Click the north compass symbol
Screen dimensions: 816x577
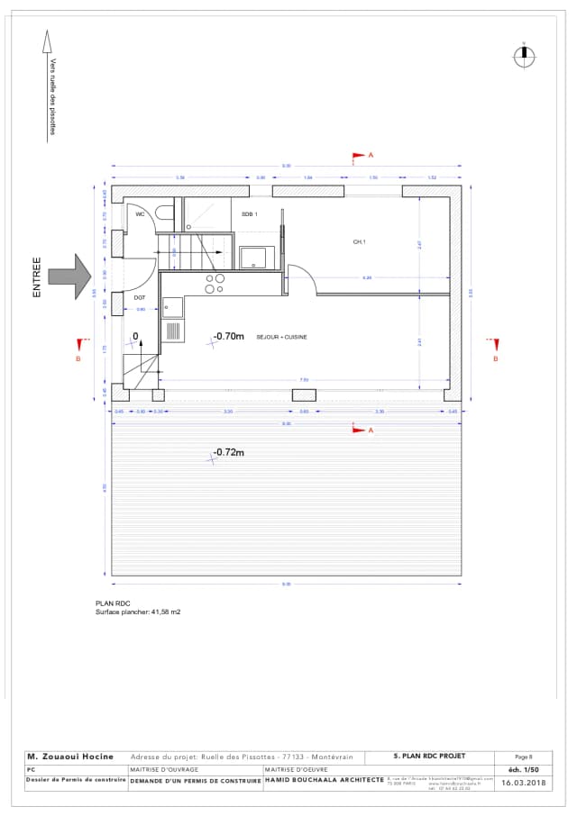pos(523,56)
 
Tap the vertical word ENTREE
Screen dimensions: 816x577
pos(37,277)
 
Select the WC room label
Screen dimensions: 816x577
pos(140,214)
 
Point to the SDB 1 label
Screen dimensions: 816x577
pos(250,214)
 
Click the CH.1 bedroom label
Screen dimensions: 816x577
pos(359,242)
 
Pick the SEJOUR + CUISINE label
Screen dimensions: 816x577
pos(281,337)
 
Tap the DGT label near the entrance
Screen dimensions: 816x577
pos(140,297)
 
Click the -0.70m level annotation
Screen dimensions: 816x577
pos(228,336)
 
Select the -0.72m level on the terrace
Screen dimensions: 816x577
pos(228,453)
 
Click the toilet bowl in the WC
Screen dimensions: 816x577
pos(164,212)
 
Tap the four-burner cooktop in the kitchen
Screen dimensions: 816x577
pos(215,284)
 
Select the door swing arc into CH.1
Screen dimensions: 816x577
pos(304,280)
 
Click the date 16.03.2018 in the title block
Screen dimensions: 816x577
pos(525,784)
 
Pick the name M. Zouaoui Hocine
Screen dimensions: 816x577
pos(70,757)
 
